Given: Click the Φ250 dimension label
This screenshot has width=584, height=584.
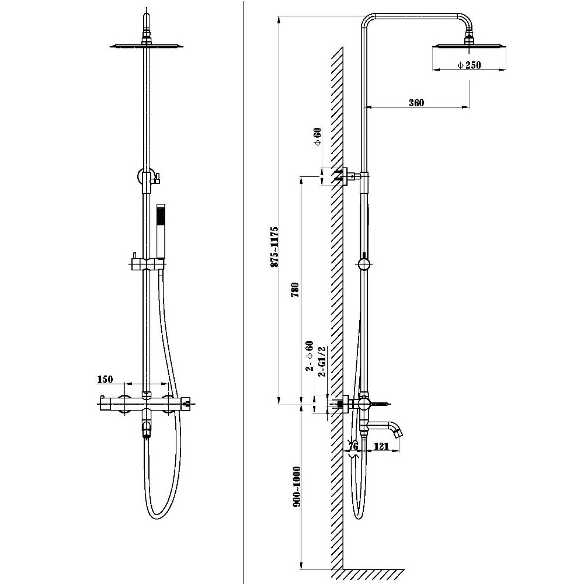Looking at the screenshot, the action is [x=470, y=65].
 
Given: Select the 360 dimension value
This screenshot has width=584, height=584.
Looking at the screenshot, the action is [x=416, y=103].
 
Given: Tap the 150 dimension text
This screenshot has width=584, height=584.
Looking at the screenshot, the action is [x=105, y=379].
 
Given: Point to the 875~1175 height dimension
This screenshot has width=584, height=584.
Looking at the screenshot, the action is [x=274, y=246].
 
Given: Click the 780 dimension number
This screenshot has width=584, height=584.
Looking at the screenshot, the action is [x=295, y=290].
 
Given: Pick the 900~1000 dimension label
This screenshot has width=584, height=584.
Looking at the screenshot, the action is [x=297, y=486].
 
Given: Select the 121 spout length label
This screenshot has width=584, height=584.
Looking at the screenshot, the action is [x=381, y=446].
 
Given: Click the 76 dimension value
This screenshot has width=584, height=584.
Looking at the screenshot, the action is [x=353, y=446].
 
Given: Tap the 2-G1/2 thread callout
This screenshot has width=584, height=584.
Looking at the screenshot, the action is [x=322, y=361].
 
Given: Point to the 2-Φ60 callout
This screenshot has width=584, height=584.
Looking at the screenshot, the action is [x=309, y=356].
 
